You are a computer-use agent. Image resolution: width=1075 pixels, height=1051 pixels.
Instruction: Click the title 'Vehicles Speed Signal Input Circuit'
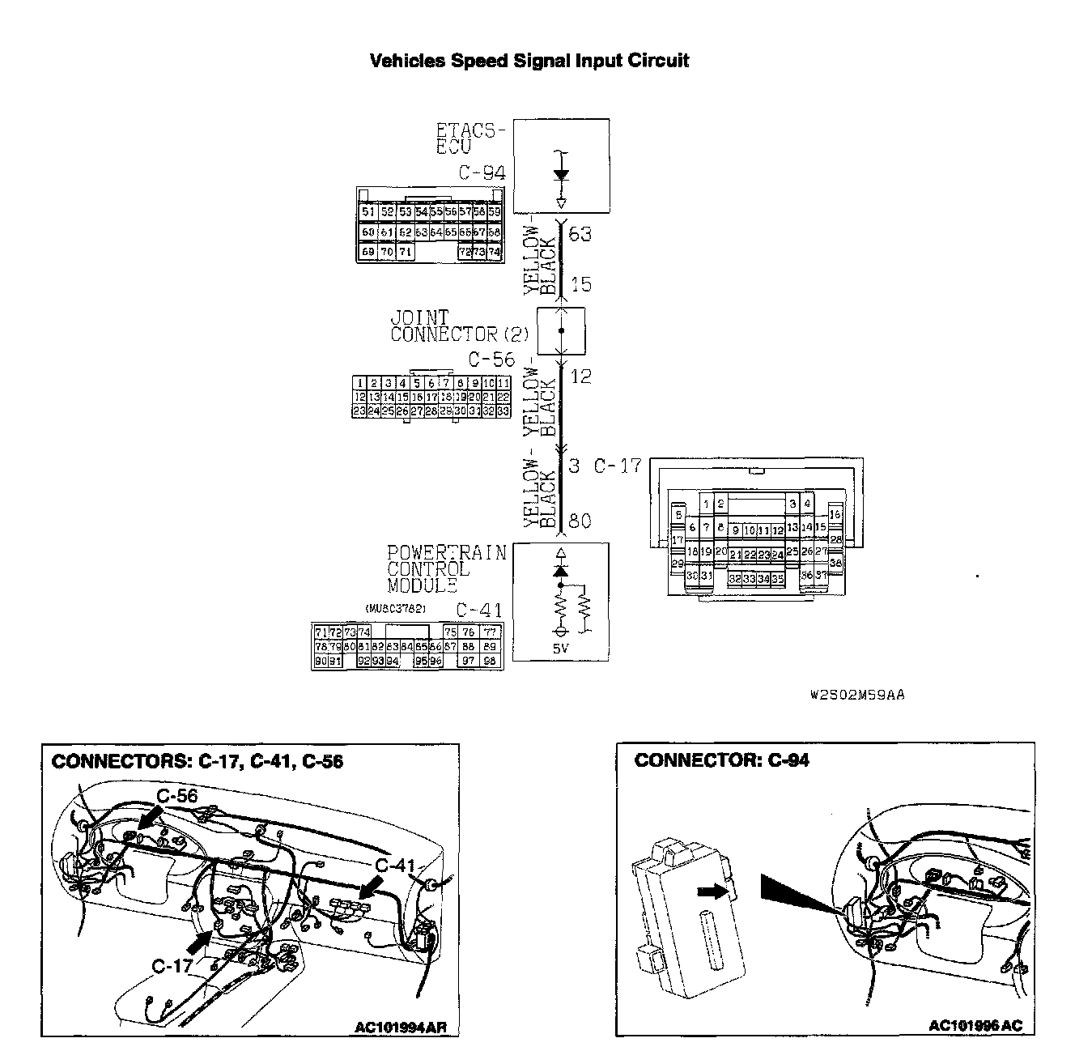529,61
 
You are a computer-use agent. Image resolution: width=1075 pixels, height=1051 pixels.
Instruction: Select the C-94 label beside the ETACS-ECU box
482,172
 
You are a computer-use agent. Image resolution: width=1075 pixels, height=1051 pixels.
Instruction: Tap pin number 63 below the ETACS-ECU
580,235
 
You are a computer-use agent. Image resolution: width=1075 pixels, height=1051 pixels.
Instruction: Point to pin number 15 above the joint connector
580,284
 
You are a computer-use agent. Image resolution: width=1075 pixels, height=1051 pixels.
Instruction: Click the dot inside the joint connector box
562,331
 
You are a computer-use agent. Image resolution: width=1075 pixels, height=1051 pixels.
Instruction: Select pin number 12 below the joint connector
580,377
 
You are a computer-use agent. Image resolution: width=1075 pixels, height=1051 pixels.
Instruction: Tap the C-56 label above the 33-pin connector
491,360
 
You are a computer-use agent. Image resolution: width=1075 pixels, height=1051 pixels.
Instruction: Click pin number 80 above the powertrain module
580,521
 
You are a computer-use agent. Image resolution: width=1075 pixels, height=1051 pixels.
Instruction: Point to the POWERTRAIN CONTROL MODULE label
446,568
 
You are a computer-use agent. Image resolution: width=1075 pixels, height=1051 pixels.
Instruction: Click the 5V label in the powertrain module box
561,648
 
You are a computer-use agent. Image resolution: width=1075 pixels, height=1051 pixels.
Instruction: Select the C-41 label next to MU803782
480,611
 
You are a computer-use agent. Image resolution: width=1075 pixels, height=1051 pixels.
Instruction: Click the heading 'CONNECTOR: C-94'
721,760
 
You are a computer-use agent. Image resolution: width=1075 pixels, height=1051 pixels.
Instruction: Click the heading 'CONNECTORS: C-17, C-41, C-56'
197,761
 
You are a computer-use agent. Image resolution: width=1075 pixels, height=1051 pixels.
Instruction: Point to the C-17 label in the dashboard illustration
172,965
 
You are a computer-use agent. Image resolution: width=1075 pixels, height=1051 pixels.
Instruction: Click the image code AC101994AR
400,1028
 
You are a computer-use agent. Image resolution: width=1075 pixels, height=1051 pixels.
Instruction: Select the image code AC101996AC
975,1026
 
